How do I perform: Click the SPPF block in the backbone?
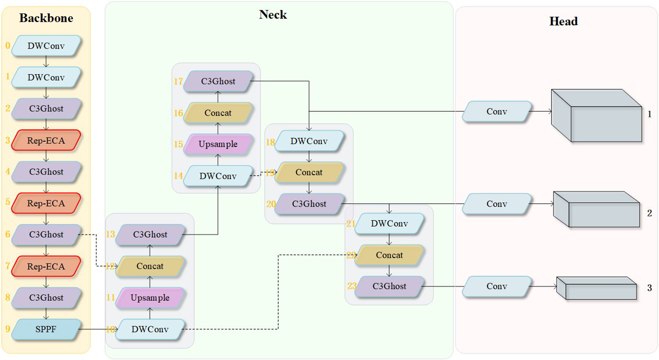tap(46, 330)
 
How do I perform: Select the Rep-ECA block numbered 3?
tap(46, 140)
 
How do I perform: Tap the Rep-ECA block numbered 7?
tap(46, 266)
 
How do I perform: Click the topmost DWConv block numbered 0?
tap(46, 46)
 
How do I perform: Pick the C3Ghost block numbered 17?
tap(218, 82)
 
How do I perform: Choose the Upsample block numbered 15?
tap(218, 144)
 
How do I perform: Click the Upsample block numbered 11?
tap(150, 298)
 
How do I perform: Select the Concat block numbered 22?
tap(389, 255)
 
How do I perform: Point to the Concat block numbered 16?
tap(218, 113)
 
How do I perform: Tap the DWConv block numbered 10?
tap(150, 330)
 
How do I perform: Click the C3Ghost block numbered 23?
tap(389, 287)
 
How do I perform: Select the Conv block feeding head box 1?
tap(497, 112)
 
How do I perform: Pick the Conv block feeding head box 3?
tap(497, 287)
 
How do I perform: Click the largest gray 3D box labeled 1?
tap(596, 116)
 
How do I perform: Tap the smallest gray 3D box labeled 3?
tap(596, 288)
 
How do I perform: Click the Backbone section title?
tap(46, 18)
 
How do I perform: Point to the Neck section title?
tap(273, 15)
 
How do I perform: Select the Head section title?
tap(563, 21)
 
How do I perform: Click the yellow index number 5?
tap(8, 202)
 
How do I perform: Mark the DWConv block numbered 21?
tap(389, 224)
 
